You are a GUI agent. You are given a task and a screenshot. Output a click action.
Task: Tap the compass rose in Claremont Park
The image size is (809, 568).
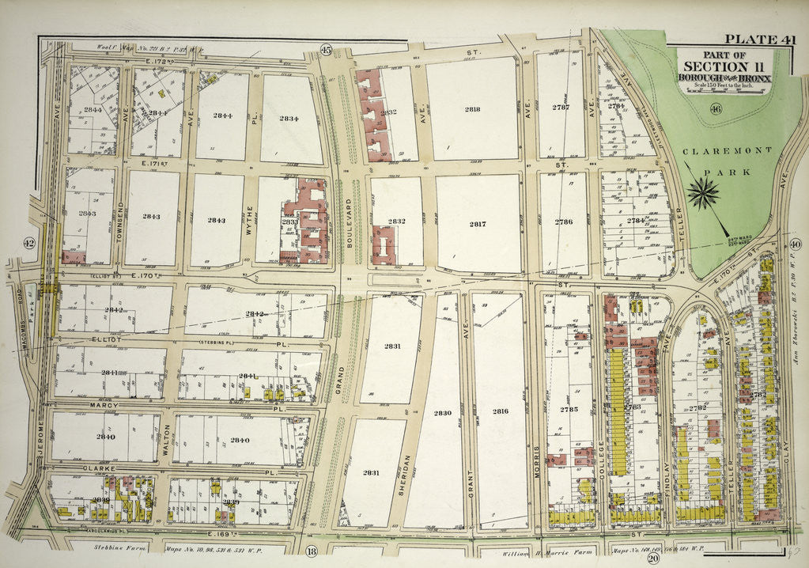[703, 192]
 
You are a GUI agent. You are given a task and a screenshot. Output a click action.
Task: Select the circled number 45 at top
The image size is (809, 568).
[325, 51]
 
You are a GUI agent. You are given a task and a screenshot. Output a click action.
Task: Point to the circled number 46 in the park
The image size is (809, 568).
[716, 109]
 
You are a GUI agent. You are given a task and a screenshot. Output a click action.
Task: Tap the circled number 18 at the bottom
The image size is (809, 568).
[311, 551]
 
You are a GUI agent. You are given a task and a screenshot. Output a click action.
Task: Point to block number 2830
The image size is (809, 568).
[442, 413]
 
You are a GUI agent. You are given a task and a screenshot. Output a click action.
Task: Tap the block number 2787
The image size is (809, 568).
[561, 106]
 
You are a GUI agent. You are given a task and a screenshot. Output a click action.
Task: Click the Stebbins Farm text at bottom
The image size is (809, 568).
[113, 547]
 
